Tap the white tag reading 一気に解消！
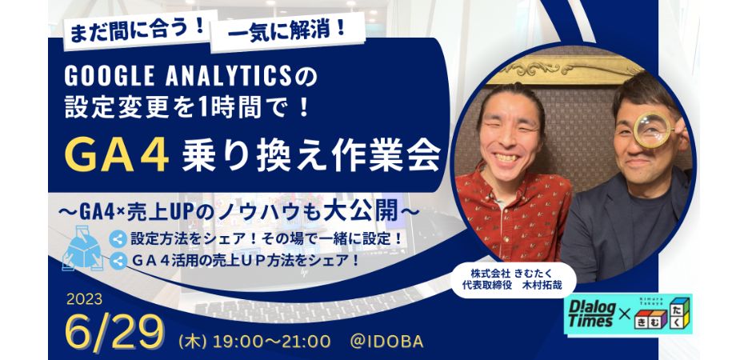(x=287, y=31)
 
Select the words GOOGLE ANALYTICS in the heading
(x=178, y=76)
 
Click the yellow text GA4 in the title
(x=117, y=155)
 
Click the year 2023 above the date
(x=85, y=299)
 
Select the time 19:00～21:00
(x=271, y=342)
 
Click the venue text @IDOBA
(x=386, y=342)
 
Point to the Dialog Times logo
(x=591, y=315)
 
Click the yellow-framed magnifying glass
(x=653, y=130)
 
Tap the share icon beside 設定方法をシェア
(x=118, y=239)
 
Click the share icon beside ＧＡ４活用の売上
(x=118, y=261)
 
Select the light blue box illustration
(x=83, y=247)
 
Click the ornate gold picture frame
(x=563, y=70)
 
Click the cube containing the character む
(x=656, y=320)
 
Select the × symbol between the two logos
(x=624, y=315)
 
